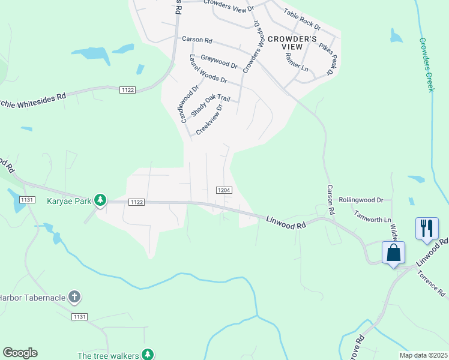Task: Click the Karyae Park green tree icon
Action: click(101, 200)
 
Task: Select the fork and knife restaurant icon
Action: click(427, 228)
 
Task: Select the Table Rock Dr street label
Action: click(302, 20)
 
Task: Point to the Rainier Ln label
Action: click(297, 62)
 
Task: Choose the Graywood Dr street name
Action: click(219, 61)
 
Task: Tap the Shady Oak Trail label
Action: click(210, 106)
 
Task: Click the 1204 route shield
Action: click(223, 190)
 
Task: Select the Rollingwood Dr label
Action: click(361, 200)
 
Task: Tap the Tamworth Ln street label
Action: click(372, 215)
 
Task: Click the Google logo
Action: click(20, 353)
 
